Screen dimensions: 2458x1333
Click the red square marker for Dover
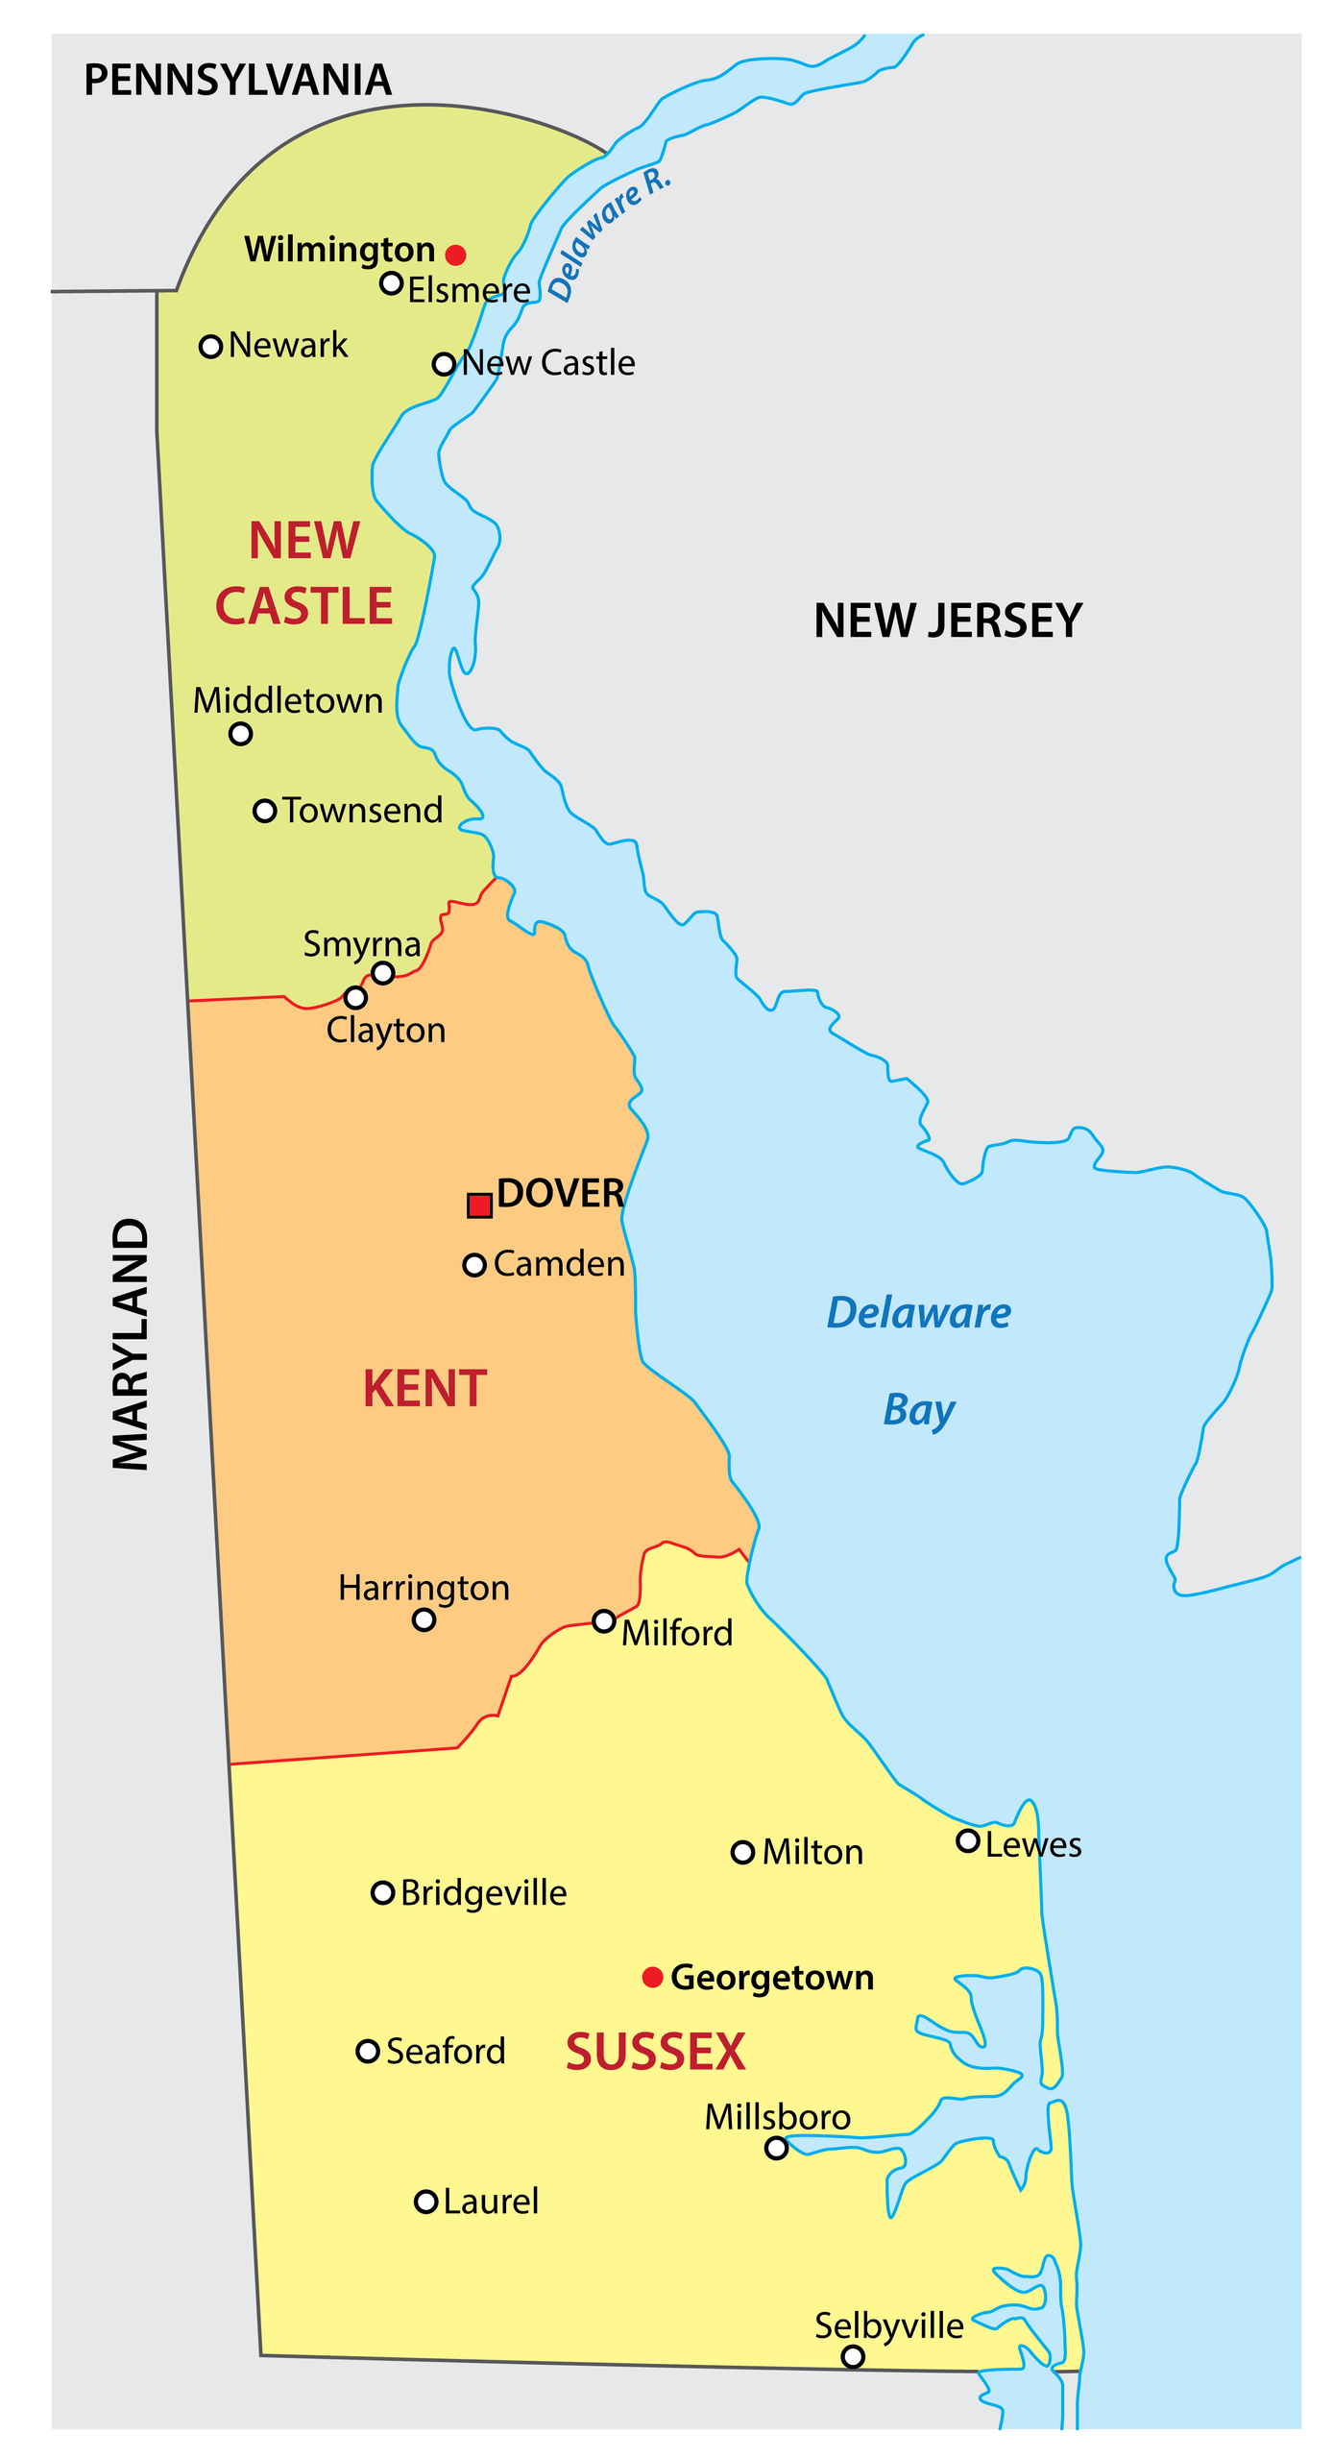click(x=479, y=1205)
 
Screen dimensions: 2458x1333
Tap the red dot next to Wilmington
click(x=456, y=255)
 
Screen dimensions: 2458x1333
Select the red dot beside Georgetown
click(x=652, y=1977)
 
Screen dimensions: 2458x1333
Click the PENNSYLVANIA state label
click(x=237, y=81)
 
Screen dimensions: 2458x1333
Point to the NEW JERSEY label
click(x=947, y=621)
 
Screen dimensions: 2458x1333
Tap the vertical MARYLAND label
click(x=131, y=1344)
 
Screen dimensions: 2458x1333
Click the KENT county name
click(x=424, y=1389)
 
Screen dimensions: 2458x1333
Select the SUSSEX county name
click(x=655, y=2053)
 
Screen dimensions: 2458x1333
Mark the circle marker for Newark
click(x=210, y=347)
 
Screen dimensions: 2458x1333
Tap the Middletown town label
click(x=288, y=701)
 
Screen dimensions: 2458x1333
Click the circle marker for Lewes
click(x=968, y=1841)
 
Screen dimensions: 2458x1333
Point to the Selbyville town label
click(x=888, y=2325)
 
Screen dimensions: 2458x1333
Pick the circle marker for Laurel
click(x=426, y=2202)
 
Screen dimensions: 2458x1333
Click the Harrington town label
click(x=424, y=1588)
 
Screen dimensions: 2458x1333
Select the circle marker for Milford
click(x=604, y=1621)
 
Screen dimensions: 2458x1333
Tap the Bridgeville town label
click(x=483, y=1893)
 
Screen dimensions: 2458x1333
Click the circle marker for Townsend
click(x=265, y=811)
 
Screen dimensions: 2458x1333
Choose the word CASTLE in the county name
click(x=303, y=606)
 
